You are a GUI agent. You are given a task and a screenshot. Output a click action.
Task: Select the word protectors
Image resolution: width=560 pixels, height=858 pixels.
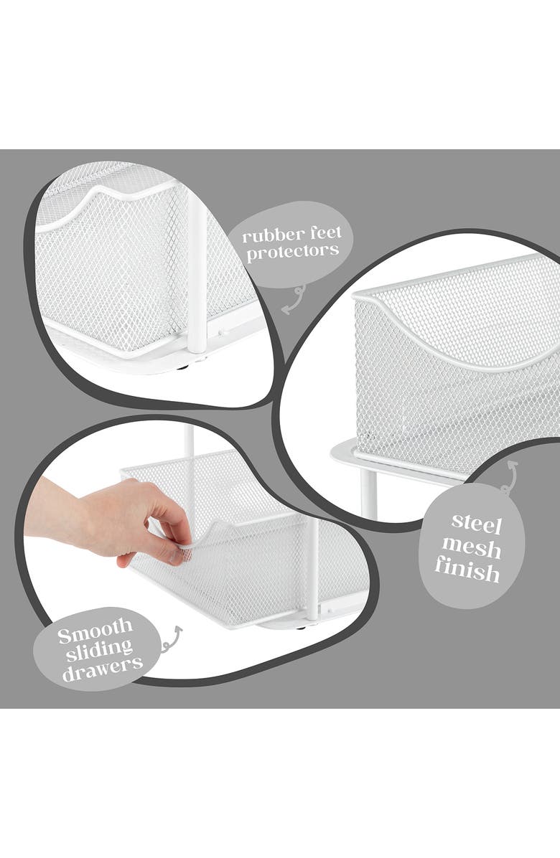(291, 252)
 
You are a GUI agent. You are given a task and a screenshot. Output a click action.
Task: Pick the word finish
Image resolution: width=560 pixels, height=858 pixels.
(467, 572)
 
